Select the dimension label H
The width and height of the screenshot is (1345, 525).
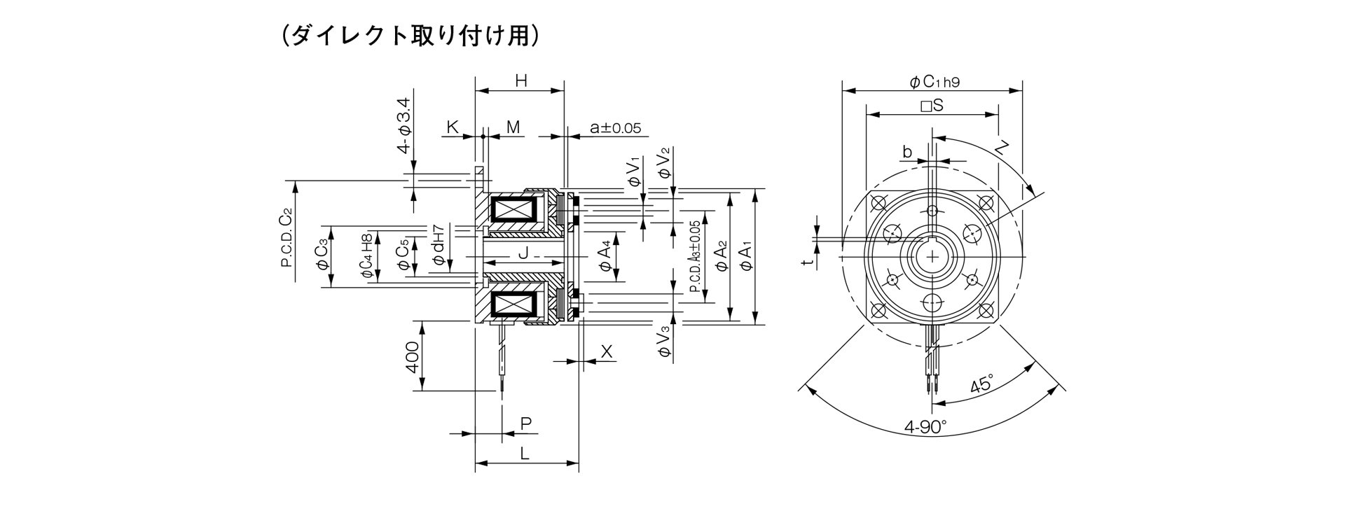coord(520,80)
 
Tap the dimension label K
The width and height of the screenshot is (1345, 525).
coord(453,127)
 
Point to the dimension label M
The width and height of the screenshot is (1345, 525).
coord(513,127)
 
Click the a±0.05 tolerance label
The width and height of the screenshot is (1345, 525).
coord(614,127)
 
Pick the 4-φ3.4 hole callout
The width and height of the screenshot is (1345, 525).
coord(404,127)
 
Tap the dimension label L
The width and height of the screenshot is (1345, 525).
coord(524,454)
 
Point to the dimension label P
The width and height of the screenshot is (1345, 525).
coord(526,423)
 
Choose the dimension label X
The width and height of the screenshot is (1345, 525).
coord(607,352)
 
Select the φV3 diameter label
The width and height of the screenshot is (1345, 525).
coord(664,343)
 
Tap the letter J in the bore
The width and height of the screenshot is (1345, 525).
coord(522,253)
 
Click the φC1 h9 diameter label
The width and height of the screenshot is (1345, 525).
coord(934,82)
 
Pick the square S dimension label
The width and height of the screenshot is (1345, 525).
coord(932,106)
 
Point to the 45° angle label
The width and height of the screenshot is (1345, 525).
coord(981,385)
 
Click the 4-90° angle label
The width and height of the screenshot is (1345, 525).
coord(925,426)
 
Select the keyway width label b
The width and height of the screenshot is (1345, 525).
coord(907,151)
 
